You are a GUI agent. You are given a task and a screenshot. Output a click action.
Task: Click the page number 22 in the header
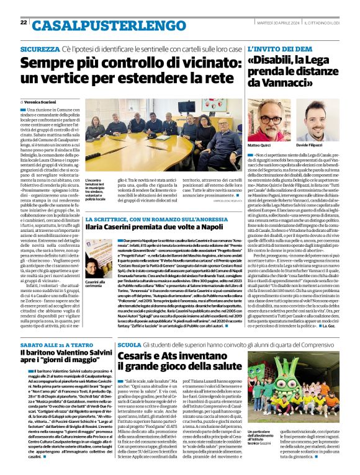point(24,22)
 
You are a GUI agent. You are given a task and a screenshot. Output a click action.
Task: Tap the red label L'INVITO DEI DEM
point(277,48)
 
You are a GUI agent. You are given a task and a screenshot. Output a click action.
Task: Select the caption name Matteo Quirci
point(259,144)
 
